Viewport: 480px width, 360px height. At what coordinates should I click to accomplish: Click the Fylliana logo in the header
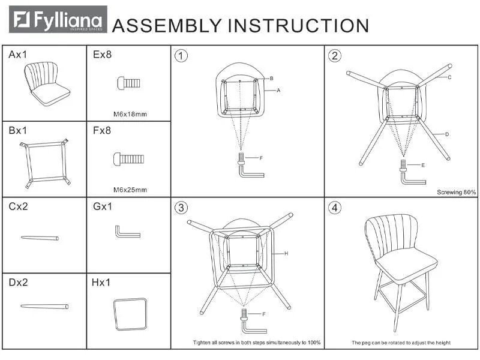pyautogui.click(x=58, y=19)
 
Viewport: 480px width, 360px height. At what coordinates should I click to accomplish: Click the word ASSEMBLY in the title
pyautogui.click(x=167, y=25)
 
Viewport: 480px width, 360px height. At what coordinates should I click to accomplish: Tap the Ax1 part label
pyautogui.click(x=18, y=55)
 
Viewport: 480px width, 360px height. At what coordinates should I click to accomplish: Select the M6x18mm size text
pyautogui.click(x=130, y=114)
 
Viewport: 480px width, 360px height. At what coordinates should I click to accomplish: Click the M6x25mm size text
pyautogui.click(x=130, y=190)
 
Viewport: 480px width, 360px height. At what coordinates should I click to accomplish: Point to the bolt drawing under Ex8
pyautogui.click(x=129, y=83)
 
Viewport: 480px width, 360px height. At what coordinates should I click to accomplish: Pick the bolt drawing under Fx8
pyautogui.click(x=128, y=159)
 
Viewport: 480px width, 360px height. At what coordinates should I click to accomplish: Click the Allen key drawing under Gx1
pyautogui.click(x=128, y=232)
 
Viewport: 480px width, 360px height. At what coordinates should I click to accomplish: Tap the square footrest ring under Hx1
pyautogui.click(x=130, y=314)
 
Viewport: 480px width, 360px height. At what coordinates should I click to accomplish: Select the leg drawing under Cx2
pyautogui.click(x=40, y=238)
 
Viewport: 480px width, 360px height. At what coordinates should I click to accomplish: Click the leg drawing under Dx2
pyautogui.click(x=44, y=306)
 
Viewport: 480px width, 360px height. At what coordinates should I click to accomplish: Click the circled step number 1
pyautogui.click(x=181, y=56)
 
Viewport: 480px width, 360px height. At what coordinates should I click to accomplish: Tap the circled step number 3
pyautogui.click(x=181, y=208)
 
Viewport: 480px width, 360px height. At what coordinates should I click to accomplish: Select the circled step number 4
pyautogui.click(x=335, y=208)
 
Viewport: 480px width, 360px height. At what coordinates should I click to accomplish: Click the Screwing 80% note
pyautogui.click(x=457, y=192)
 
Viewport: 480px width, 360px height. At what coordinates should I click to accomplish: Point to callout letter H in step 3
pyautogui.click(x=286, y=253)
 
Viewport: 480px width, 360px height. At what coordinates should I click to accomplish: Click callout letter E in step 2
pyautogui.click(x=423, y=165)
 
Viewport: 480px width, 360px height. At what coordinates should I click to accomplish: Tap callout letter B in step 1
pyautogui.click(x=272, y=79)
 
